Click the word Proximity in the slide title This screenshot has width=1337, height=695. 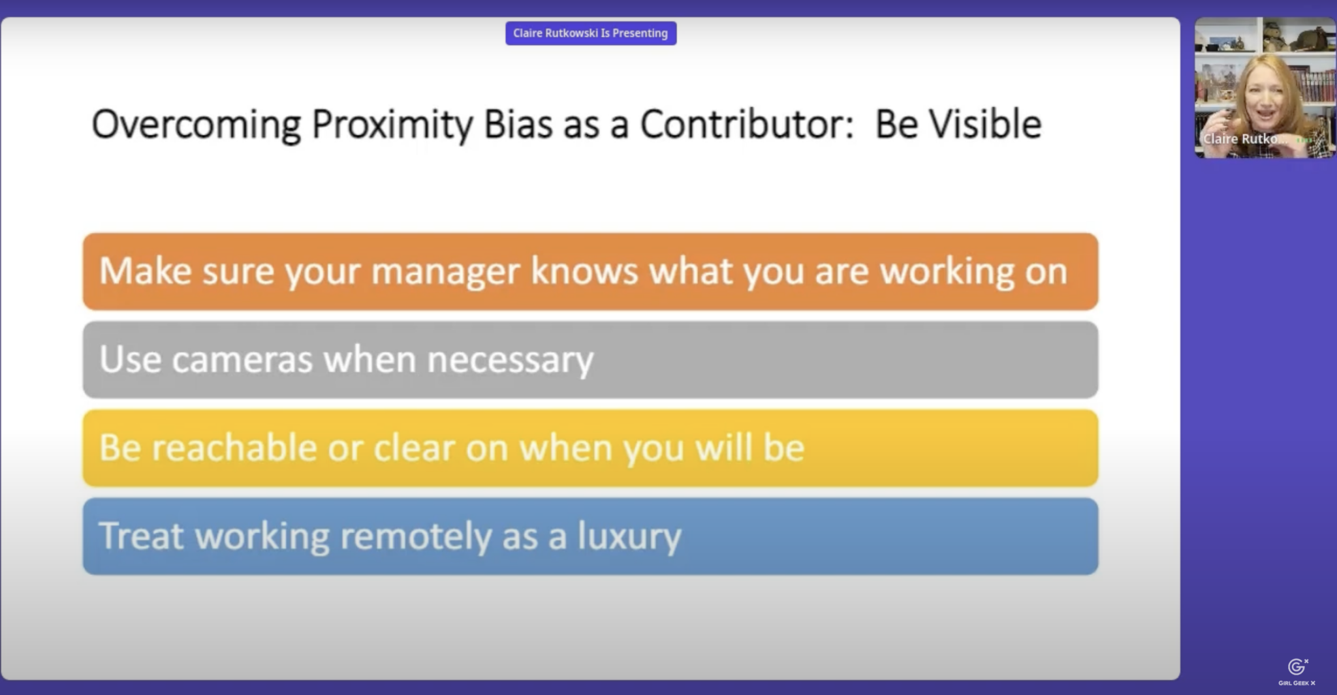pos(392,125)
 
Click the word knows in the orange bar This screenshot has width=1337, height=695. pos(584,270)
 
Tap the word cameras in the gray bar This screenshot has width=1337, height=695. pos(242,360)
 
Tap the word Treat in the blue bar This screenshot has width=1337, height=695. pos(141,536)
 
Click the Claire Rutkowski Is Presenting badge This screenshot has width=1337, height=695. pos(591,33)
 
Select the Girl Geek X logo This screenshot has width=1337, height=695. pos(1297,672)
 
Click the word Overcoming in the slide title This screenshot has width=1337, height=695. pos(197,125)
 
